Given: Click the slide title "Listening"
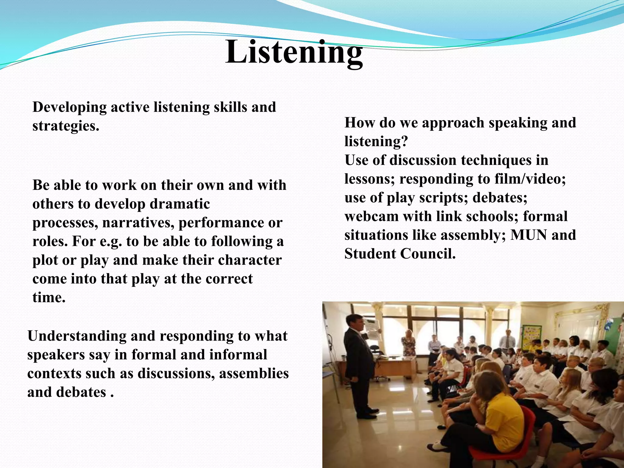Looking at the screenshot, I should (294, 52).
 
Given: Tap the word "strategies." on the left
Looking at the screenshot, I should (66, 126).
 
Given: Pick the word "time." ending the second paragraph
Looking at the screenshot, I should (49, 298).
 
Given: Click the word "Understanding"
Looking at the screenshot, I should (76, 336).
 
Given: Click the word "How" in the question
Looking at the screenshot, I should (359, 123).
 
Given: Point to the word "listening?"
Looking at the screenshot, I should (376, 142).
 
